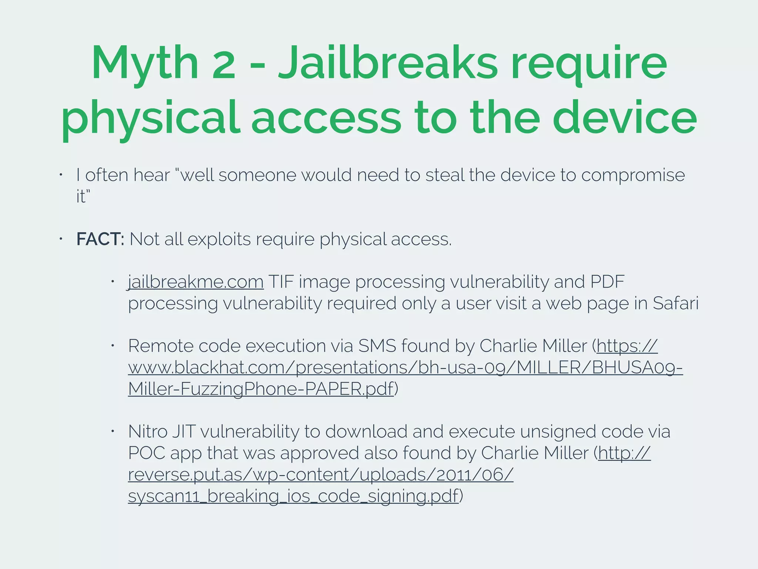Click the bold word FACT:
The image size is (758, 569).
100,239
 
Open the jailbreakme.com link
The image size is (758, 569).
196,282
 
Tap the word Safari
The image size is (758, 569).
675,303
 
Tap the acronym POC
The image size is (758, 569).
147,453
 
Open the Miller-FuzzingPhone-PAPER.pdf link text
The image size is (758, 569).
261,389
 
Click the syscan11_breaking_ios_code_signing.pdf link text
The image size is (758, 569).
293,496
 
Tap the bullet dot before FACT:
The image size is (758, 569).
61,239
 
